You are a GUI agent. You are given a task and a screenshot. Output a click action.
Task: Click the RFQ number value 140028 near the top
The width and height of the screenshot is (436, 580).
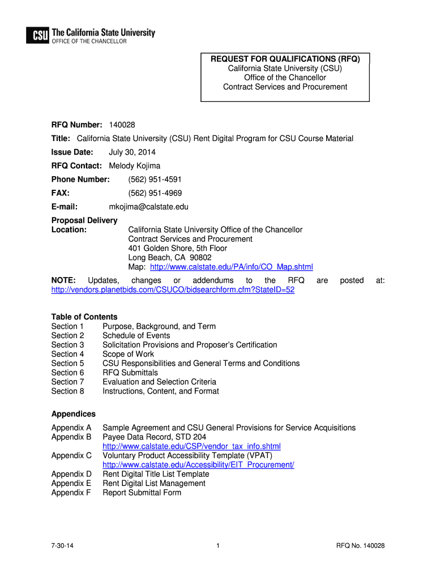[122, 125]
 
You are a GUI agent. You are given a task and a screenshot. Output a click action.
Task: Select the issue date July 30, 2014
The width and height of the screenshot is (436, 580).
[132, 152]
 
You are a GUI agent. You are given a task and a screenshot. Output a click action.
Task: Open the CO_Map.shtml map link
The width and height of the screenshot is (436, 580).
[231, 267]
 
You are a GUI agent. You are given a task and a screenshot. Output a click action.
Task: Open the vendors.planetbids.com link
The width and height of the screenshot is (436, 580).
[173, 289]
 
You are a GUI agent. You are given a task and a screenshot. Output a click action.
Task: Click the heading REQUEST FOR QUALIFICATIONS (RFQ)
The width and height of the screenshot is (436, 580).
[285, 59]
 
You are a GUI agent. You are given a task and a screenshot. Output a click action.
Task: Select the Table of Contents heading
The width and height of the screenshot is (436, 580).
[84, 317]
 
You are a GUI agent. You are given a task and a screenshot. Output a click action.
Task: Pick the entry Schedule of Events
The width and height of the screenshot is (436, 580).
[136, 335]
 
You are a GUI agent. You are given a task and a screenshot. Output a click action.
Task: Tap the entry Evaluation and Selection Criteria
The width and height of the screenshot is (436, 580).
[159, 382]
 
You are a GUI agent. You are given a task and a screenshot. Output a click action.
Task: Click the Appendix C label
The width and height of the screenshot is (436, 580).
[71, 455]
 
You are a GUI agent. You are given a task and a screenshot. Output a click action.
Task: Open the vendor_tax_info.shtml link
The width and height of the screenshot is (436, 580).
[191, 446]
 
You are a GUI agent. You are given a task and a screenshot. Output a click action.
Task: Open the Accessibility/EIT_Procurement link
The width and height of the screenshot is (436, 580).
[198, 464]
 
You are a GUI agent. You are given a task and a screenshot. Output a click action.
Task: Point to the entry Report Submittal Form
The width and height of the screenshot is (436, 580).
[142, 492]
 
